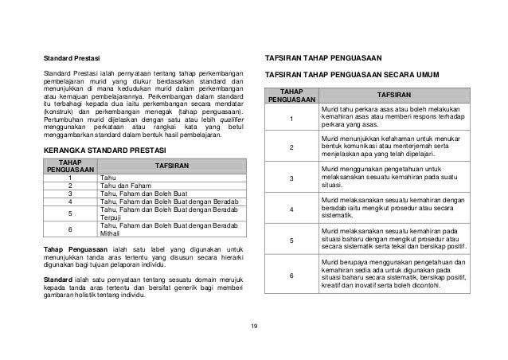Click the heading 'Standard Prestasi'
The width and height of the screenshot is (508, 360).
[x=68, y=59]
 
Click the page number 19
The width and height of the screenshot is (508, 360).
[x=254, y=327]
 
